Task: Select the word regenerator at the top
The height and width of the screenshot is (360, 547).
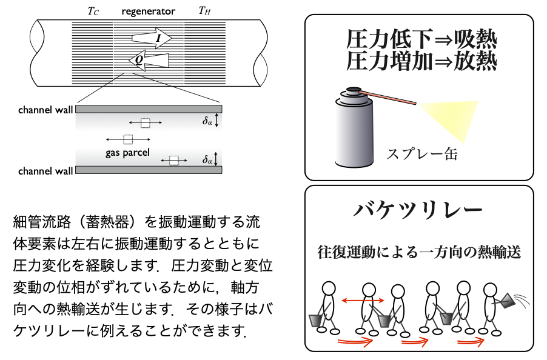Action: tap(148, 11)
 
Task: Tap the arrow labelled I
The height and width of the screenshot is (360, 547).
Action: tap(152, 38)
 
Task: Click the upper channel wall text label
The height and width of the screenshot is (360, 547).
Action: tap(45, 110)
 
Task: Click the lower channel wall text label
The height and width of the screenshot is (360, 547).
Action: tap(45, 171)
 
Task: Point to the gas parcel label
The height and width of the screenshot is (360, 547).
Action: tap(127, 152)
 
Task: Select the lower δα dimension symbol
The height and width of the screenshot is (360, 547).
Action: tap(208, 160)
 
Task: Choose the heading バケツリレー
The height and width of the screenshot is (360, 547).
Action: tap(418, 212)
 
